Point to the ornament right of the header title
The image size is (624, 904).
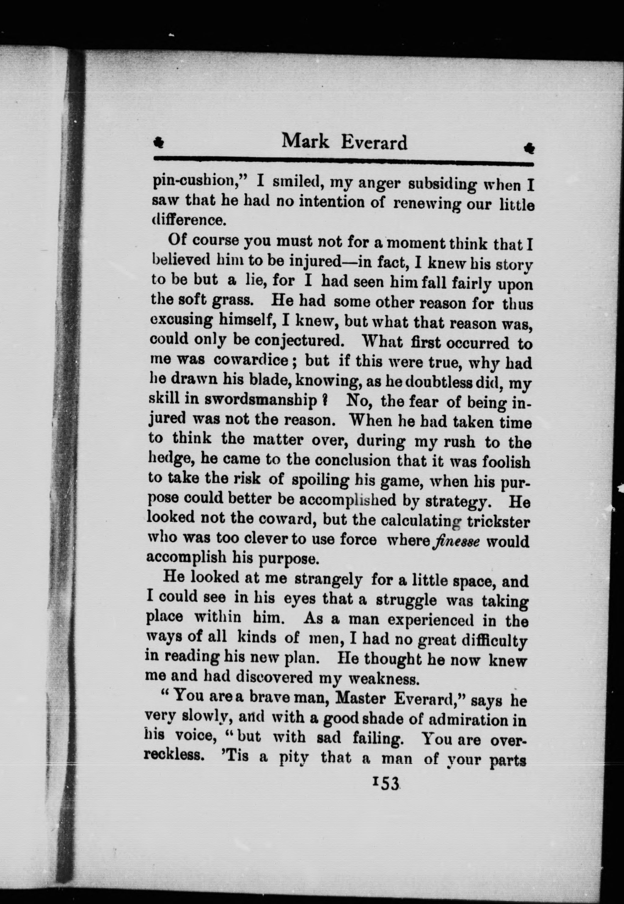pyautogui.click(x=529, y=148)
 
